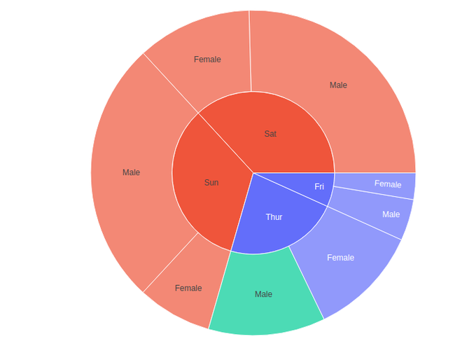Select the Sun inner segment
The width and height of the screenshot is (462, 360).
211,183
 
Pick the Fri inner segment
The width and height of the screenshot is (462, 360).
319,186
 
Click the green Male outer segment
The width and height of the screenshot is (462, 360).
263,294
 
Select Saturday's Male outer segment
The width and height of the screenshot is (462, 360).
338,85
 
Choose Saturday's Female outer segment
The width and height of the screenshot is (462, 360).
207,60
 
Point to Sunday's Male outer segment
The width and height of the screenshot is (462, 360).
131,172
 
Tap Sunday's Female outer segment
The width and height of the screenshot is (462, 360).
188,288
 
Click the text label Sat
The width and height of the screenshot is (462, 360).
270,134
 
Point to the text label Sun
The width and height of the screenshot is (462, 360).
211,183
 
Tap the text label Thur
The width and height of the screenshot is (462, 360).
274,217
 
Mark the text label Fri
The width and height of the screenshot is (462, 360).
319,186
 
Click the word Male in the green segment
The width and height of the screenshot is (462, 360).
263,294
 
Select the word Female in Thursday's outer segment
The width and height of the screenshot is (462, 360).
341,258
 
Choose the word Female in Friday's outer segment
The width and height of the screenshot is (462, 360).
388,184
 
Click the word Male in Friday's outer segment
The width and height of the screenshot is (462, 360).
391,214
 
